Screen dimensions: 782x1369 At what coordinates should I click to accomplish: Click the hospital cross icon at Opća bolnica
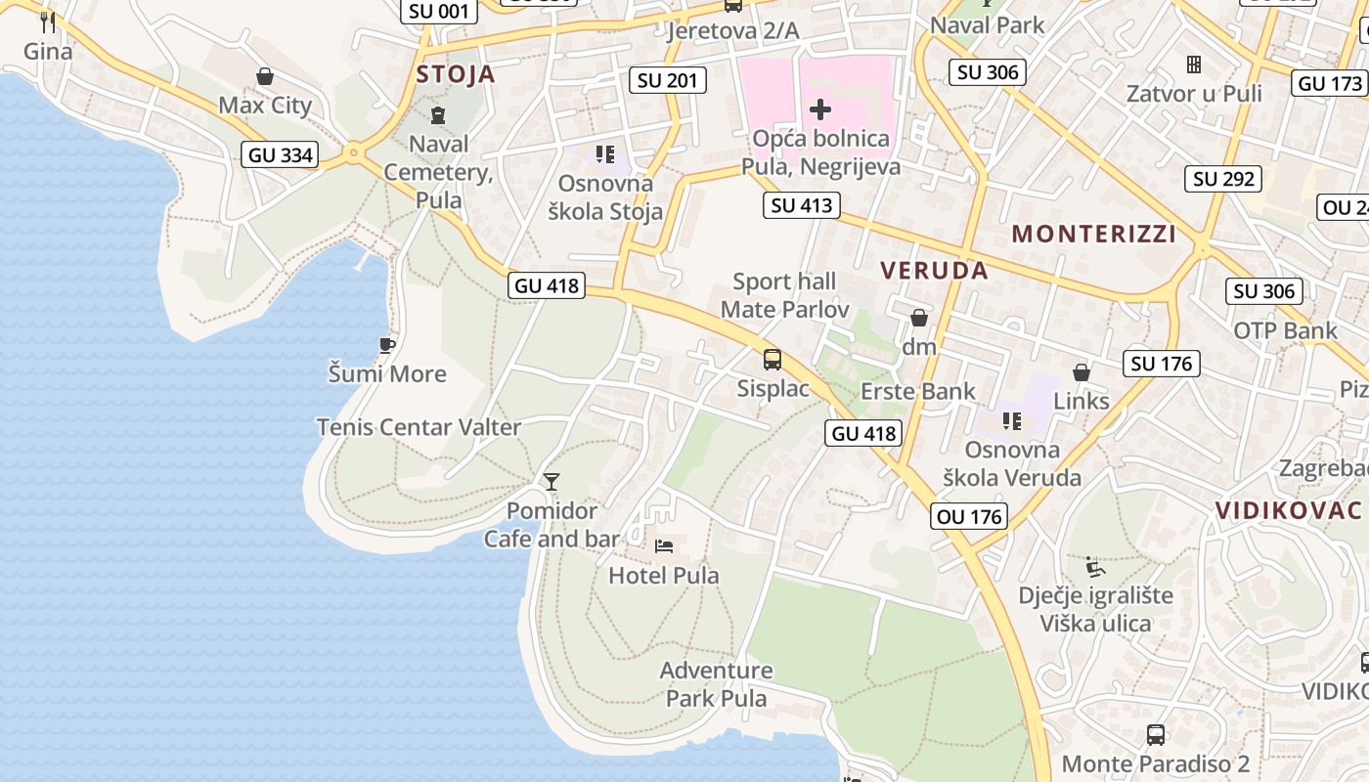[x=819, y=109]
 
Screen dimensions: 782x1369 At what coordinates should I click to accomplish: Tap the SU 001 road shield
[x=439, y=12]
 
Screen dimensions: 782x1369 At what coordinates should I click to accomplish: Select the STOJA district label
[x=456, y=74]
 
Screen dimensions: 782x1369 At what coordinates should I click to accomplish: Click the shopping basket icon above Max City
[x=264, y=76]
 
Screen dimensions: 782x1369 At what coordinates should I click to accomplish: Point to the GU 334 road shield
[x=281, y=154]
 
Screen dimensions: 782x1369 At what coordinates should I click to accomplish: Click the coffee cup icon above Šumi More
[x=386, y=345]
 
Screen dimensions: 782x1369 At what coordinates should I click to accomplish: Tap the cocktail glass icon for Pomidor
[x=552, y=481]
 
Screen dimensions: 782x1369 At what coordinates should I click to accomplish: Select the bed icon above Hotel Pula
[x=664, y=546]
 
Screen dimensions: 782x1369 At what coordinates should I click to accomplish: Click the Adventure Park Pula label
[x=716, y=684]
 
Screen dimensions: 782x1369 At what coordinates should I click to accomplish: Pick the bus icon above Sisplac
[x=773, y=360]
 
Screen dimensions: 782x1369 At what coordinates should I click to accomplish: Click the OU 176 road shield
[x=970, y=516]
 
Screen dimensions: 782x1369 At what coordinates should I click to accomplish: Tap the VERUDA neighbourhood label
[x=934, y=271]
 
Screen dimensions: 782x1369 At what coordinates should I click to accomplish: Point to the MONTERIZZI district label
[x=1093, y=234]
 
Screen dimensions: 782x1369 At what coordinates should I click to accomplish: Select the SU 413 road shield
[x=802, y=205]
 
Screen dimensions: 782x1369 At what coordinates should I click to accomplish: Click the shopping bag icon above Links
[x=1081, y=372]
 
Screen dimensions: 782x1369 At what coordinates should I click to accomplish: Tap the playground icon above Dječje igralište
[x=1095, y=567]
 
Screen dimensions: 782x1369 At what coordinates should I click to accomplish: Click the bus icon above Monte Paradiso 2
[x=1155, y=735]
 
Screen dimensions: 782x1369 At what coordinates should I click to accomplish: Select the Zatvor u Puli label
[x=1193, y=94]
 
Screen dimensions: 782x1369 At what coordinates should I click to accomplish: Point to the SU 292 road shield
[x=1224, y=179]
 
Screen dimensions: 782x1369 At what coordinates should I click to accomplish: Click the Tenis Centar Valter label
[x=419, y=427]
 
